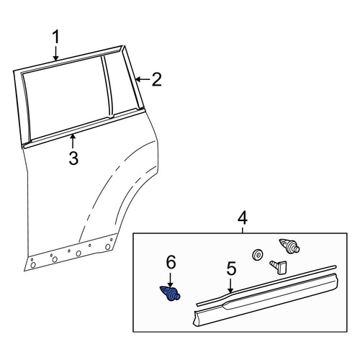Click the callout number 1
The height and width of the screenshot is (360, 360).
55,37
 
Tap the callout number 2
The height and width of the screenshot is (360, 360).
157,79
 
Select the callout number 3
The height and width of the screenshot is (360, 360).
73,158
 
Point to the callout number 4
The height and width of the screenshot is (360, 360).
243,217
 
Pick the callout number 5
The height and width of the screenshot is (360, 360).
231,269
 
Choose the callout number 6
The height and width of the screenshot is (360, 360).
171,262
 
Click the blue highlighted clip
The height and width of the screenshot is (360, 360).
170,293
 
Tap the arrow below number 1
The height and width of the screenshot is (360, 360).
55,53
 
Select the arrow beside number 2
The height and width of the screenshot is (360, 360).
143,79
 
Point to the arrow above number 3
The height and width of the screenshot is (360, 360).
73,142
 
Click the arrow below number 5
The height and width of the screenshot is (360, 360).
230,286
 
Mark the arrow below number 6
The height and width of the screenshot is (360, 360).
171,280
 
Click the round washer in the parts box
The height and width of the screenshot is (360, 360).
257,255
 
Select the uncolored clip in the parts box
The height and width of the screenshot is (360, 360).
289,246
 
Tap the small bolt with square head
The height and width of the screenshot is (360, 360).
279,266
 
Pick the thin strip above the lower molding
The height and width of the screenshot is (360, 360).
266,286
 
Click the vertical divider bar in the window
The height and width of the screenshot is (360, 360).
107,87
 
